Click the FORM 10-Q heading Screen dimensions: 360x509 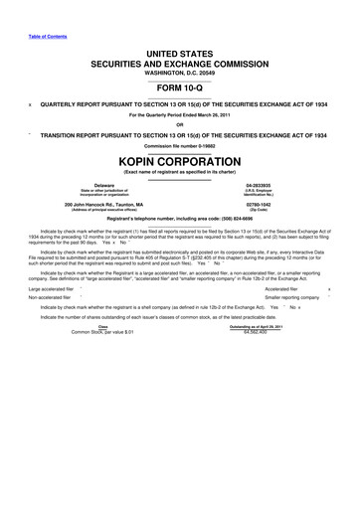click(179, 85)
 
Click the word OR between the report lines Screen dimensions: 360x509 click(179, 124)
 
